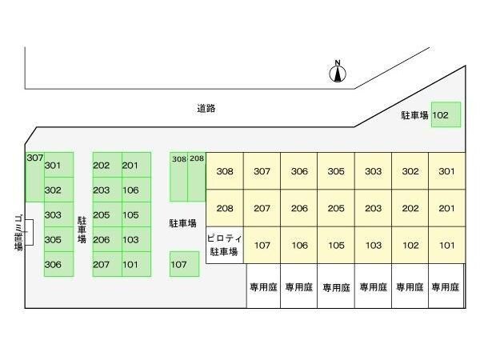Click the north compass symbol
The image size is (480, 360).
(x=338, y=74)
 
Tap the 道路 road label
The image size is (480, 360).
(x=206, y=108)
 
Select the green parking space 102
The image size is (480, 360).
(x=446, y=115)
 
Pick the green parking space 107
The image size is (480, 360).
(x=184, y=264)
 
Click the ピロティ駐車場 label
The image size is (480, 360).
(x=224, y=246)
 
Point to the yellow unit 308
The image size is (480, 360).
(x=225, y=171)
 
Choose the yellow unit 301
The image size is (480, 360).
(x=446, y=171)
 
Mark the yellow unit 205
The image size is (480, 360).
(x=336, y=208)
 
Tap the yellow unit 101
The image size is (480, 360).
(x=446, y=246)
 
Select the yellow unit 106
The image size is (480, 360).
(x=299, y=246)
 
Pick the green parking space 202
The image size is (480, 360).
(x=102, y=166)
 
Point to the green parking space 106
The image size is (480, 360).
(x=130, y=190)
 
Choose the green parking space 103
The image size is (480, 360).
(x=130, y=239)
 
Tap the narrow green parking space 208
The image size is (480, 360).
(x=197, y=178)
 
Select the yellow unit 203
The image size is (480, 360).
(x=373, y=208)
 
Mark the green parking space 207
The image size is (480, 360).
(x=102, y=264)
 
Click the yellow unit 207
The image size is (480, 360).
(x=262, y=208)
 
